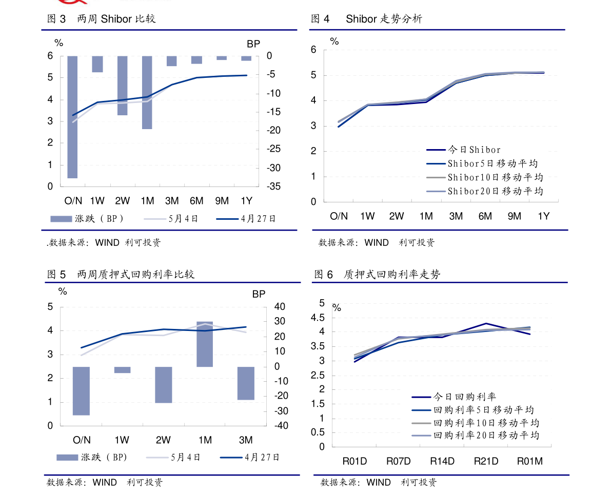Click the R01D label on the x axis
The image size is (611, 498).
[354, 461]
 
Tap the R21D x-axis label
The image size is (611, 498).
[486, 461]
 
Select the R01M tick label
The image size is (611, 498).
[529, 461]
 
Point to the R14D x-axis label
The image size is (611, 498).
[442, 461]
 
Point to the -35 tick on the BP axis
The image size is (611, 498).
[273, 186]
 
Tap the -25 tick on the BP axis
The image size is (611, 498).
[273, 149]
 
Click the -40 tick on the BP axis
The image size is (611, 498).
[280, 426]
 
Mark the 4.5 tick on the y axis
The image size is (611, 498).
[318, 318]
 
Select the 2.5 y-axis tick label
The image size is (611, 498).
[318, 375]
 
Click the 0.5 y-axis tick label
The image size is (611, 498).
[318, 432]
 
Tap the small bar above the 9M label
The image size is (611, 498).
[222, 58]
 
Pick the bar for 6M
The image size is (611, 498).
[196, 60]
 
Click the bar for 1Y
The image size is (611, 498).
[246, 58]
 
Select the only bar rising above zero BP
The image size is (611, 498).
[205, 344]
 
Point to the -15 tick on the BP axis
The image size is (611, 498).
[273, 112]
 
